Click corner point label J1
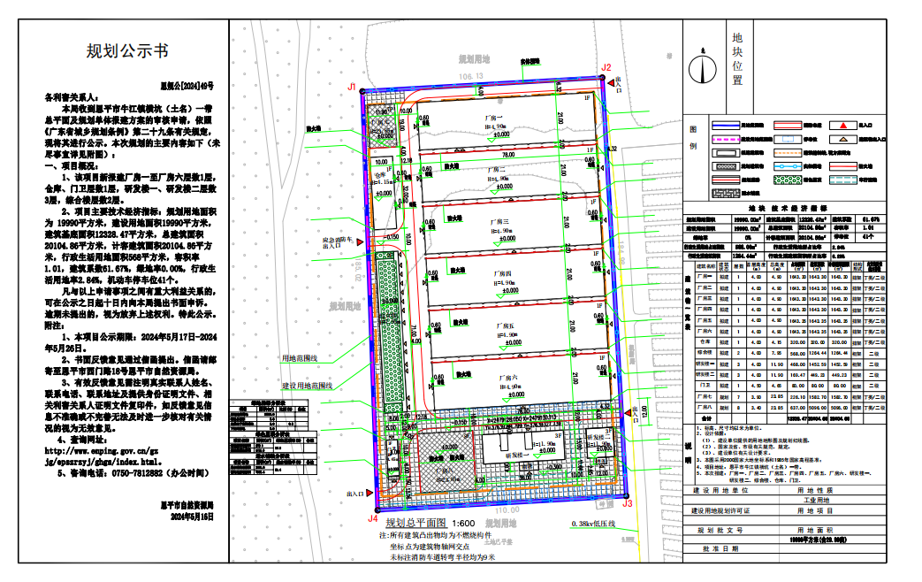tap(352, 87)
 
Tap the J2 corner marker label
tap(606, 67)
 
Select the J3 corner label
tap(628, 502)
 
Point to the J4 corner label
tap(373, 519)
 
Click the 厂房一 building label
tap(492, 119)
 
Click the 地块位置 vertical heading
tap(737, 59)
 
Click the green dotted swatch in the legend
tap(793, 179)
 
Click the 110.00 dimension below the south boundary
tap(507, 511)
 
